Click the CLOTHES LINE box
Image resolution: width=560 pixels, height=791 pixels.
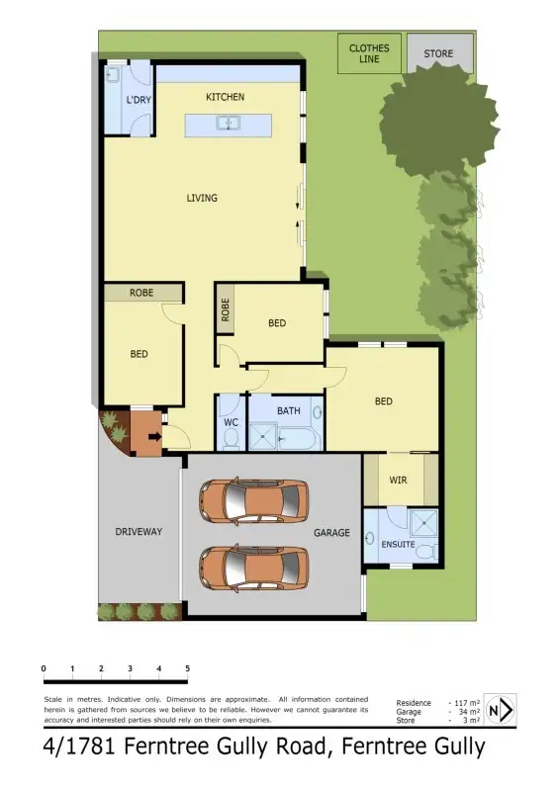(369, 53)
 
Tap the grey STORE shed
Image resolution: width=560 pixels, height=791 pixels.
(439, 53)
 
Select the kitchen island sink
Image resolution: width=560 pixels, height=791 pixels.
(229, 125)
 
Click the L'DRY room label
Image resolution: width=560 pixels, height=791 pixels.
(138, 99)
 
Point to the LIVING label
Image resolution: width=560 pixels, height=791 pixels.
(202, 198)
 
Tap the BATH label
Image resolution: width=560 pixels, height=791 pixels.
(288, 410)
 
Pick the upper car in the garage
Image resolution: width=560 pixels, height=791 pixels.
(254, 501)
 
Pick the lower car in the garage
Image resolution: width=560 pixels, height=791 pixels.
(254, 568)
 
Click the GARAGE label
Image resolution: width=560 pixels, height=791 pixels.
(332, 533)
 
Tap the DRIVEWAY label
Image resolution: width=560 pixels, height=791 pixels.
(138, 532)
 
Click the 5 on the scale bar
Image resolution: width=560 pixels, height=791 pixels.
(187, 669)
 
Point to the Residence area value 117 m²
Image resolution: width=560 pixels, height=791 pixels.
(465, 703)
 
